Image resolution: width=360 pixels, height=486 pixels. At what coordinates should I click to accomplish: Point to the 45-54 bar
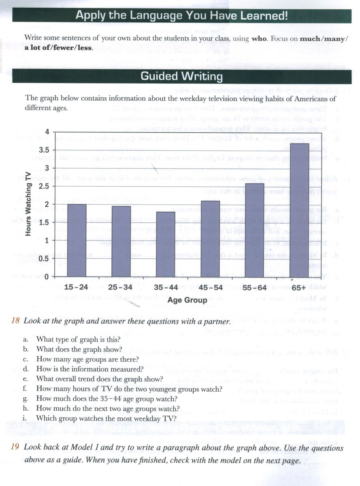pyautogui.click(x=210, y=239)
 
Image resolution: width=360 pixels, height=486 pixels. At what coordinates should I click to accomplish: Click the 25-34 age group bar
pyautogui.click(x=121, y=241)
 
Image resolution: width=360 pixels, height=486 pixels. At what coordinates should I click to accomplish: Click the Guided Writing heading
pyautogui.click(x=181, y=76)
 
